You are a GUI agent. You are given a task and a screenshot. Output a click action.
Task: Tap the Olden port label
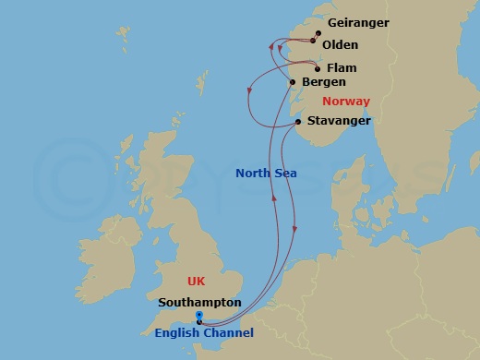341,44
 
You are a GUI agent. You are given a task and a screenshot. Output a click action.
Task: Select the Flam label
342,67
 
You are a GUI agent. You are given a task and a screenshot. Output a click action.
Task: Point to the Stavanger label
341,120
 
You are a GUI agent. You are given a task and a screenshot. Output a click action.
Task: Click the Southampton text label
200,301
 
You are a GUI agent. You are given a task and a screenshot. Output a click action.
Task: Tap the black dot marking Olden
313,42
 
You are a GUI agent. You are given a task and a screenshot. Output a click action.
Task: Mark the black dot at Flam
318,68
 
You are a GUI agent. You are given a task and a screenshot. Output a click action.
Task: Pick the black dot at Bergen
294,84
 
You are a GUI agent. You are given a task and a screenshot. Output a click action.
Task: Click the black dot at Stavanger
298,122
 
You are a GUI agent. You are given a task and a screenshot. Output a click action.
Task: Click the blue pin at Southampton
199,318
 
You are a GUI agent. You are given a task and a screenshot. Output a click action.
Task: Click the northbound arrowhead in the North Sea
274,198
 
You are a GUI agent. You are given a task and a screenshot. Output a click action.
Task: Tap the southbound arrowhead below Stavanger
294,229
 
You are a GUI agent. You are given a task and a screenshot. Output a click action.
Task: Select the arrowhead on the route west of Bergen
250,90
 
